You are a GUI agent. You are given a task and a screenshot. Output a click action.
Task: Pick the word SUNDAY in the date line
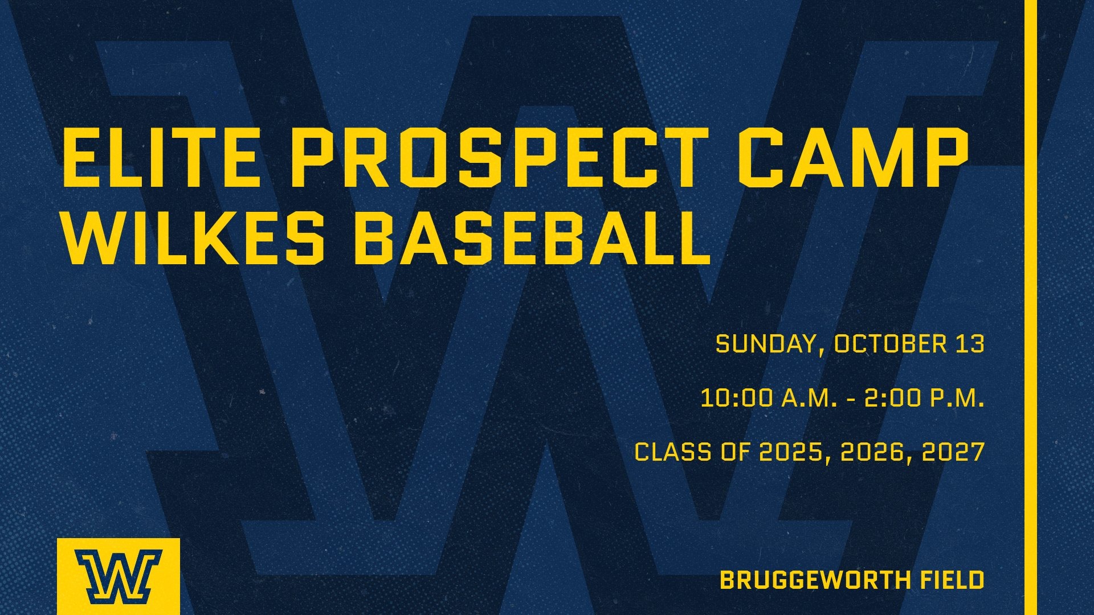coord(767,344)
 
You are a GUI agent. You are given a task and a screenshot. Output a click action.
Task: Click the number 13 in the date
coord(969,344)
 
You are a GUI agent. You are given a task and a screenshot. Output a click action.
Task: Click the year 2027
coord(953,452)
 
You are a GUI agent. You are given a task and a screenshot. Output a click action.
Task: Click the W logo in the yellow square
coord(119,576)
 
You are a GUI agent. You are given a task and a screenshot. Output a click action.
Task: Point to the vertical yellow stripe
coord(1030,307)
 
